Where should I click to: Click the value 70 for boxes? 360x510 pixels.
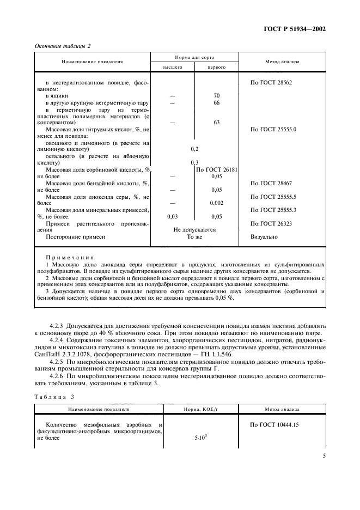(216, 95)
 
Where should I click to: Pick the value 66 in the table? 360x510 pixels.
(216, 102)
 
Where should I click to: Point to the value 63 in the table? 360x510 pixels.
(216, 123)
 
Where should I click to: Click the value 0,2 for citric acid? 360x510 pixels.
(194, 149)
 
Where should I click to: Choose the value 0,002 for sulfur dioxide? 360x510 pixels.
(216, 203)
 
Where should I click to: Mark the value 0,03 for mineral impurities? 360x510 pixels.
(172, 216)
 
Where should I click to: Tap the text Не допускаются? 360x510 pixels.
(194, 230)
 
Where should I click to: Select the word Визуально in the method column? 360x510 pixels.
(264, 237)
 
